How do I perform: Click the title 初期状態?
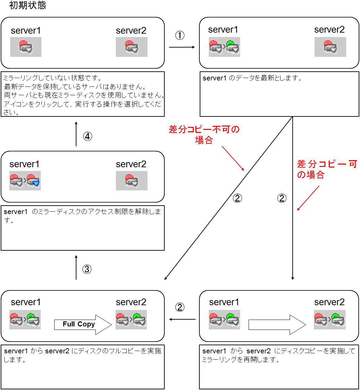click(28, 5)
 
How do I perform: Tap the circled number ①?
click(180, 35)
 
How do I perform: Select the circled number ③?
click(87, 269)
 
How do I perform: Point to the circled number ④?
click(88, 136)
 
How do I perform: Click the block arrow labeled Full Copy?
click(83, 324)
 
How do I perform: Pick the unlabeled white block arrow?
click(277, 325)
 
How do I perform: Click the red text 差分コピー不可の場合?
click(204, 135)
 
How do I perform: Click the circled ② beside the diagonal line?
click(237, 198)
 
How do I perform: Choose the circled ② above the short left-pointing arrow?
click(180, 307)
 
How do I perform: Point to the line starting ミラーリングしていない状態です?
click(52, 78)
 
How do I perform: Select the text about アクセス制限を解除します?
click(82, 216)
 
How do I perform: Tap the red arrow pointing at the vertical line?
click(308, 198)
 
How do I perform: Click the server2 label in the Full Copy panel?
click(131, 302)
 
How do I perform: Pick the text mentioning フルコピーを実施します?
click(82, 355)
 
